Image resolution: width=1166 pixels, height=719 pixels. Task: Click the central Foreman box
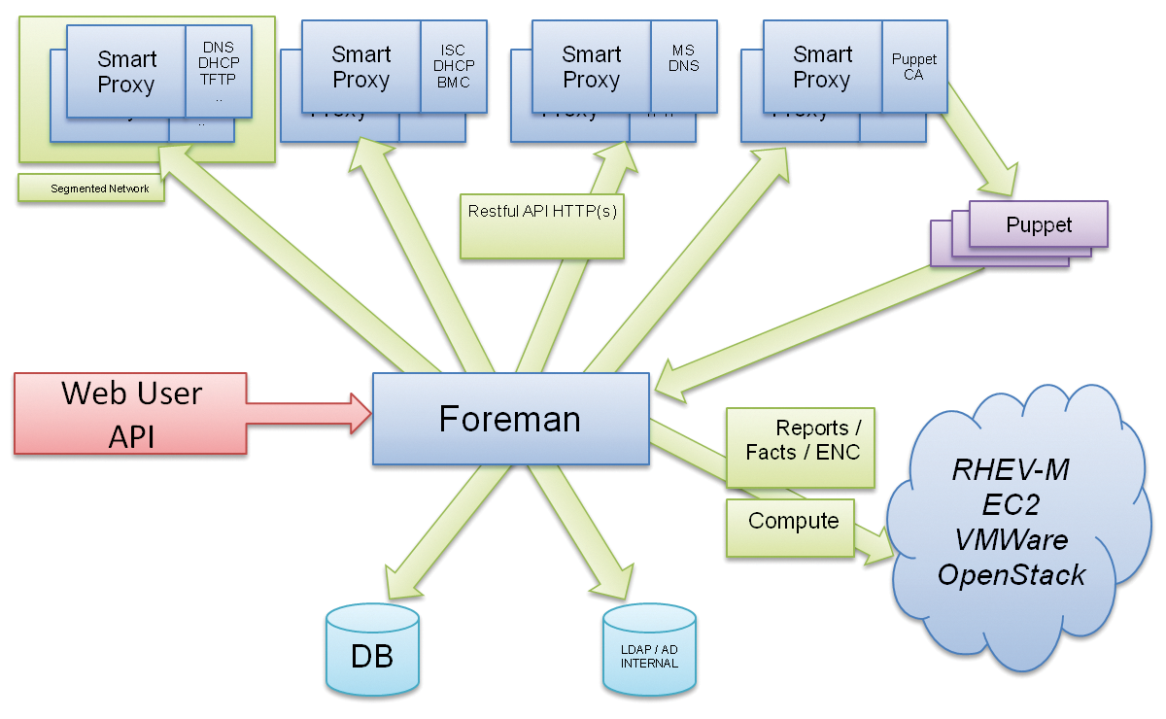coord(511,419)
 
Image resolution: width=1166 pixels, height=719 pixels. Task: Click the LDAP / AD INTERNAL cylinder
coord(649,654)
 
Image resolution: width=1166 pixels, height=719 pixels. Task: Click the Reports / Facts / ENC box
coord(802,440)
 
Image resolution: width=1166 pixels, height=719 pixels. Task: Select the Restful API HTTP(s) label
coord(541,223)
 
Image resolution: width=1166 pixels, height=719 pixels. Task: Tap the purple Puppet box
coord(1038,225)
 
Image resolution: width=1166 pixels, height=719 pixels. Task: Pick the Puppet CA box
coord(913,67)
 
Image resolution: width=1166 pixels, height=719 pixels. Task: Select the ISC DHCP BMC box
coord(453,67)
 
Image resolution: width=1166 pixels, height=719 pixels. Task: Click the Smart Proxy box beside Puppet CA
coord(821,67)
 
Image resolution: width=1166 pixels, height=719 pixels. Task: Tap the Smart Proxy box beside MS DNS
coord(591,67)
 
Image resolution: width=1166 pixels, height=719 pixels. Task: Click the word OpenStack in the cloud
coord(1011,574)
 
